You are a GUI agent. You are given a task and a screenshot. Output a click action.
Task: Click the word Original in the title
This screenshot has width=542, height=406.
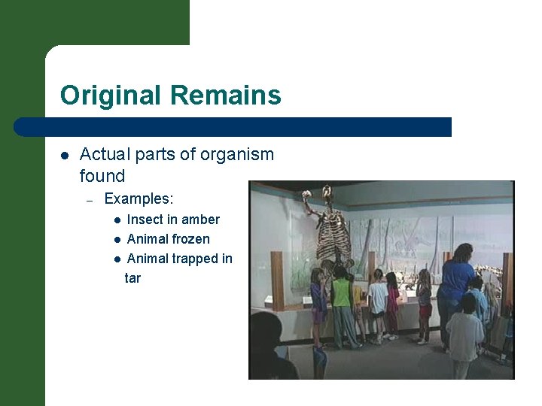[x=111, y=95]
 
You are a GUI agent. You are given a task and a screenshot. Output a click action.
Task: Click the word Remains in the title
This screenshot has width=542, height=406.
[x=226, y=95]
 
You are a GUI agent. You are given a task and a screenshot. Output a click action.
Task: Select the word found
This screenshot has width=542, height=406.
[x=102, y=176]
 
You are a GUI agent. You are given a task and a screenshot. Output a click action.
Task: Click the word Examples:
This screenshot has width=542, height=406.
[x=139, y=199]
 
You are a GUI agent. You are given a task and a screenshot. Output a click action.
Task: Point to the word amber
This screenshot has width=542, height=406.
[x=200, y=220]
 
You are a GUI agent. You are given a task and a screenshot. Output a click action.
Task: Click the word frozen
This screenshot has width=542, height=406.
[x=190, y=239]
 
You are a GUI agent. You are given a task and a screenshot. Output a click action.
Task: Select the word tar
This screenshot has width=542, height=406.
[x=132, y=278]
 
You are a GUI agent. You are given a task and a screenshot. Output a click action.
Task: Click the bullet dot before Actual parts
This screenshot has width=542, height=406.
[x=65, y=156]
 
